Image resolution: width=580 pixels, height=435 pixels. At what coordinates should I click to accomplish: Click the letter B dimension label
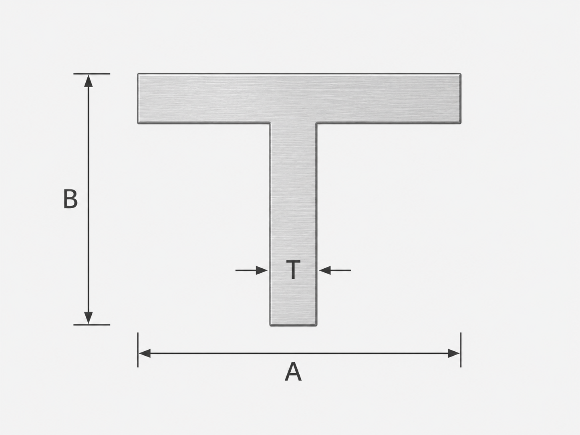(70, 199)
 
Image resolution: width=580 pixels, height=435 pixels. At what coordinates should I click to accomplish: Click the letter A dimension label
(293, 372)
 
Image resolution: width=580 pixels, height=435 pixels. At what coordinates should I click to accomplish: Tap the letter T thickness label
(293, 270)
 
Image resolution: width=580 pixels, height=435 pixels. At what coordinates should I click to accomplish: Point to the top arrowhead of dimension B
(88, 81)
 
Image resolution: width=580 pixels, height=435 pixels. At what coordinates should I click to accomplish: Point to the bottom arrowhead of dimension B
(88, 318)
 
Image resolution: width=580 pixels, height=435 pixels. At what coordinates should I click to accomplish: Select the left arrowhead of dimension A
(145, 353)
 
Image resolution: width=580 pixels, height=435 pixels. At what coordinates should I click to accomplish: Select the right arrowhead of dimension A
(454, 353)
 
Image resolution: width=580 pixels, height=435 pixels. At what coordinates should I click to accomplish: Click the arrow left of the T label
(251, 270)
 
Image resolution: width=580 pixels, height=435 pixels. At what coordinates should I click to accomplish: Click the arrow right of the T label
(335, 270)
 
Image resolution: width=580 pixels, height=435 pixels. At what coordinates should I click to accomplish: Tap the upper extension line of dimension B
(92, 74)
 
